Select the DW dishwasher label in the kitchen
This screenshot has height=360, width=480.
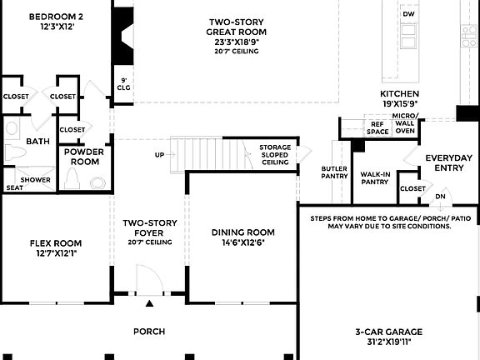tap(408, 15)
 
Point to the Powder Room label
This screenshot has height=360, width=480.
tap(84, 157)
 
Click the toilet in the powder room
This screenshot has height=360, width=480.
tap(97, 182)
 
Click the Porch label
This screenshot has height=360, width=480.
tap(149, 331)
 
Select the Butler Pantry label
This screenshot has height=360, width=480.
tap(334, 172)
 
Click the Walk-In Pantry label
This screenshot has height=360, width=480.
tap(375, 177)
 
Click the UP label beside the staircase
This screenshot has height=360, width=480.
tap(160, 155)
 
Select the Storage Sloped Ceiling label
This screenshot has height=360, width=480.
tap(275, 154)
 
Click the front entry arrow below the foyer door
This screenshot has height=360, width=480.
tap(150, 304)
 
